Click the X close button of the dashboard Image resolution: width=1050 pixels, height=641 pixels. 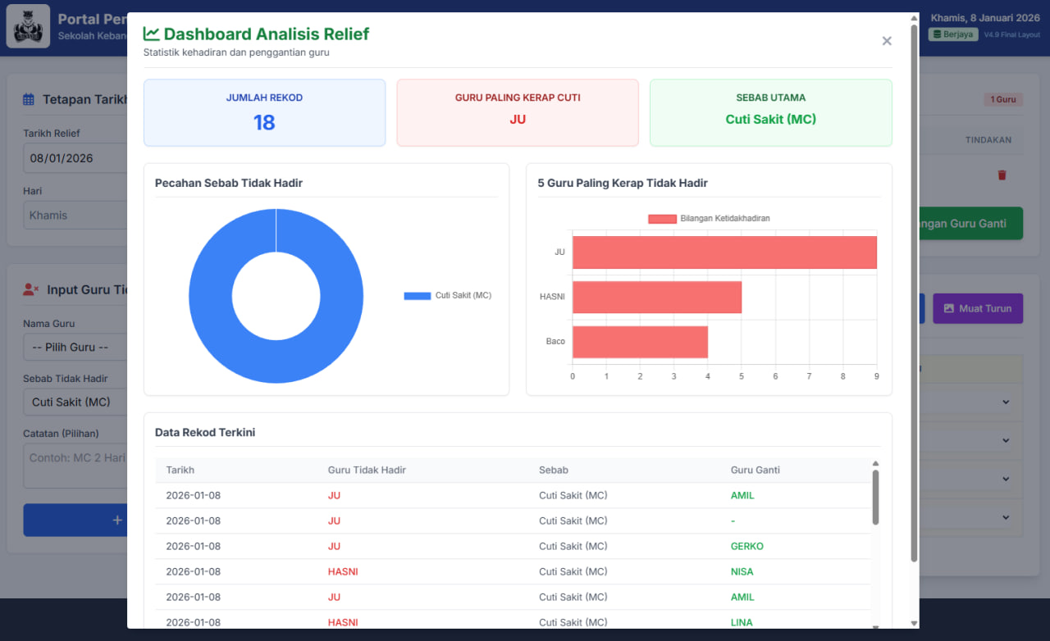tap(887, 41)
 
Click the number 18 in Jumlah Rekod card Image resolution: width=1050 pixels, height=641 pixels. tap(264, 123)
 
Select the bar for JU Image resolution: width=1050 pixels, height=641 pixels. tap(724, 252)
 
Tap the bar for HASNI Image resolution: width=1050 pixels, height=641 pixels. tap(657, 297)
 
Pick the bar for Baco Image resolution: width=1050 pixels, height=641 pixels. tap(640, 342)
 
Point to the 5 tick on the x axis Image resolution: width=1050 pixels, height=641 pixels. tap(742, 376)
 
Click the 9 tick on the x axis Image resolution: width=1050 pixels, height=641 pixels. tap(876, 376)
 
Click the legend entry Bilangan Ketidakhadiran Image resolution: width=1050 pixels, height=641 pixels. tap(710, 219)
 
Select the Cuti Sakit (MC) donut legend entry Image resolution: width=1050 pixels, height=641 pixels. tap(448, 296)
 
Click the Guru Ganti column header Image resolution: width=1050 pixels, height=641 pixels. tap(755, 471)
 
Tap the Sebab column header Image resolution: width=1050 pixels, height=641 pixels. tap(554, 471)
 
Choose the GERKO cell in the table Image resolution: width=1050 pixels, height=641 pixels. tap(746, 546)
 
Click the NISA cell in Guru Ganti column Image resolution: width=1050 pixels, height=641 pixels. tap(742, 571)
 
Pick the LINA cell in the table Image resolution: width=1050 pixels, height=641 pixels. tap(742, 622)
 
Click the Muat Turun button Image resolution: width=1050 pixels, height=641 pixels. tap(977, 308)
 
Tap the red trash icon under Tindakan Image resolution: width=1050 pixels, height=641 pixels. tap(1002, 175)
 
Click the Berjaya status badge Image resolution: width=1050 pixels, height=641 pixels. tap(953, 34)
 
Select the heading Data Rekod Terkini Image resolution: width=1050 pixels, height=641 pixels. tap(205, 432)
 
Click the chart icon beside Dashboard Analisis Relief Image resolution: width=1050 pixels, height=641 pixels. tap(151, 34)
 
